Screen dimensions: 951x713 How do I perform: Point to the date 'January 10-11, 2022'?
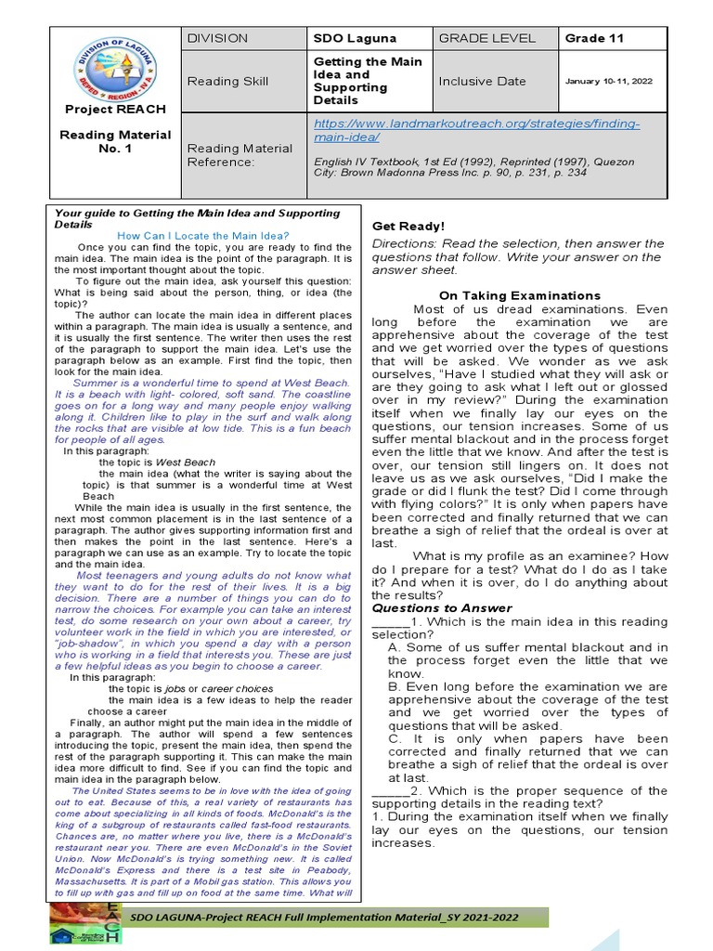(x=608, y=81)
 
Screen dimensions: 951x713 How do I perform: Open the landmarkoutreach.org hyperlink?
(x=476, y=130)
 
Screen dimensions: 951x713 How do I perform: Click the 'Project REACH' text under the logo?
(x=116, y=110)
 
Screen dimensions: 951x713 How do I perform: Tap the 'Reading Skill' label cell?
(x=227, y=81)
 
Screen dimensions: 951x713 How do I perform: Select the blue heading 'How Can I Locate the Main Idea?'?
(x=203, y=236)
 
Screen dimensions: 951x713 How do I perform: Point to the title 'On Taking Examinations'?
(x=519, y=295)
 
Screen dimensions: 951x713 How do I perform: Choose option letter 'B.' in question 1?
(x=395, y=687)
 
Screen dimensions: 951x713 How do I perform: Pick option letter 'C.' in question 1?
(x=395, y=738)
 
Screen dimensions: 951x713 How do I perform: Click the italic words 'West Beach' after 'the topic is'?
(x=186, y=462)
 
